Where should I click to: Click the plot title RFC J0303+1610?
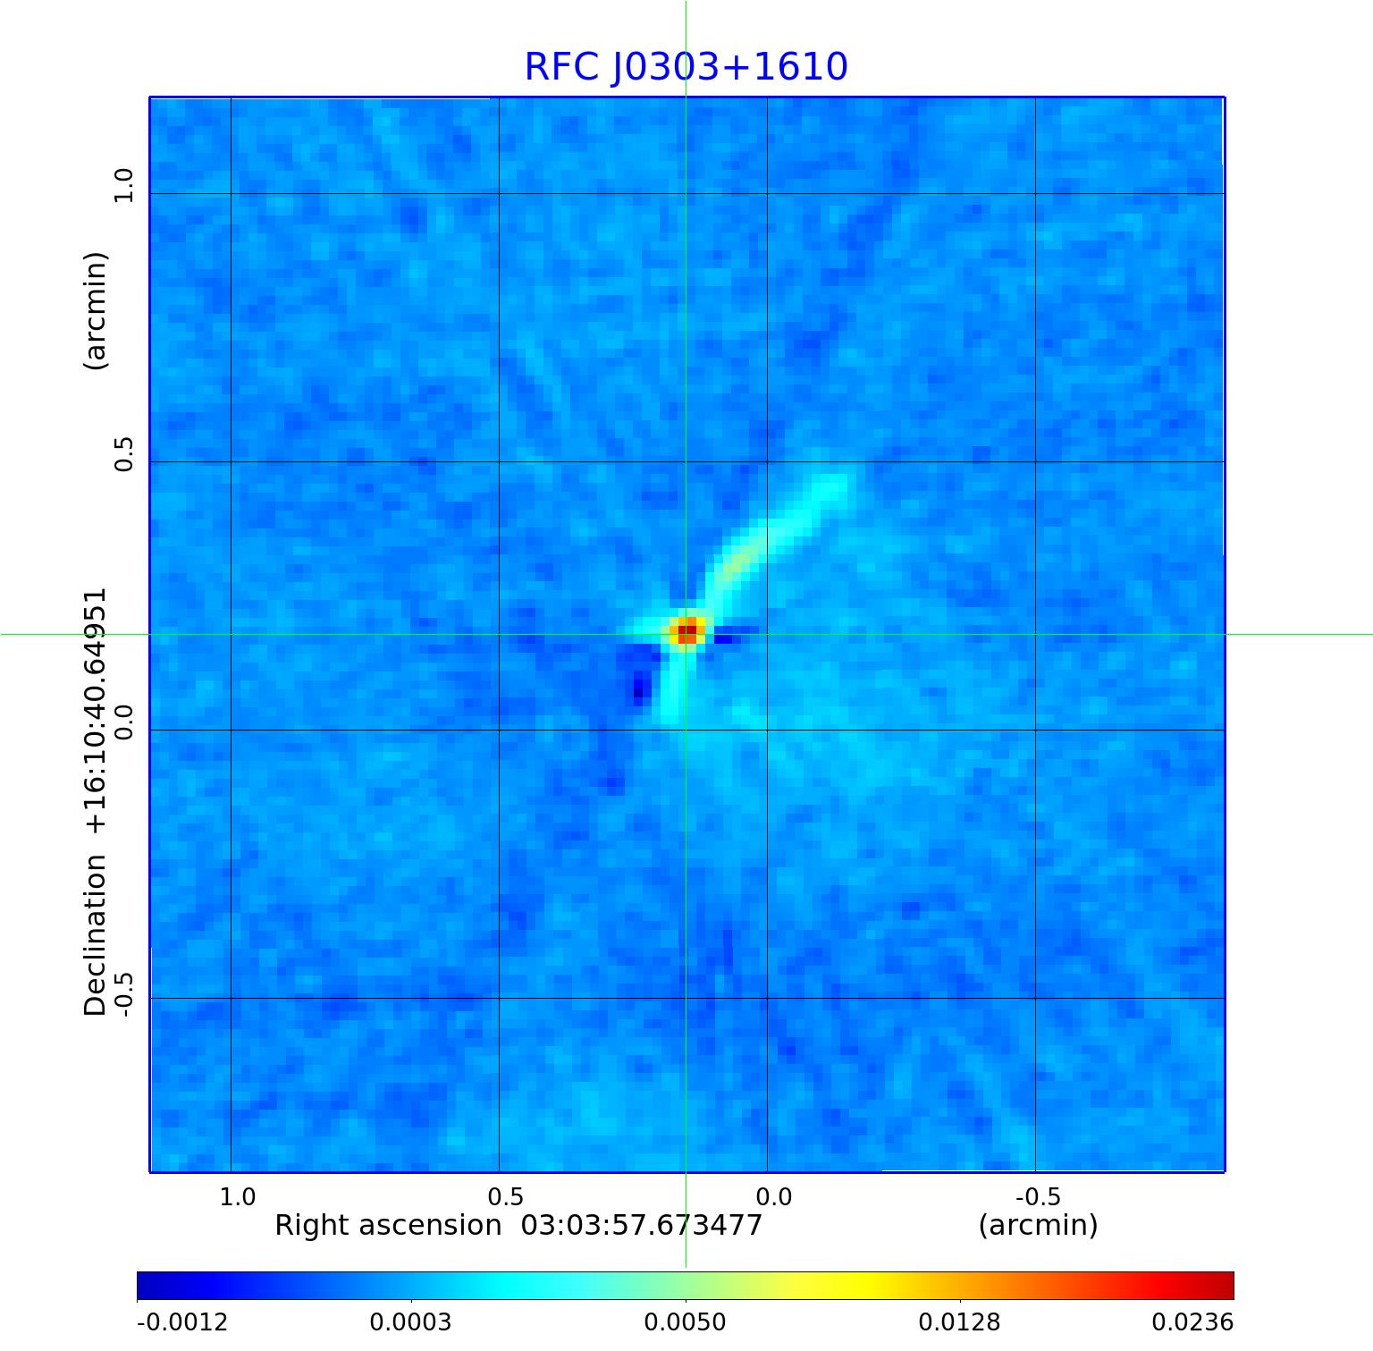pos(686,67)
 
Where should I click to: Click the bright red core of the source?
pos(686,631)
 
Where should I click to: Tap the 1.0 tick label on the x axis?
pos(238,1196)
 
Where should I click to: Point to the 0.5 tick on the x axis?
pos(506,1196)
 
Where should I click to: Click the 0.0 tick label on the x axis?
pos(773,1196)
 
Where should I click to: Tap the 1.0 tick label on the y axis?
pos(122,185)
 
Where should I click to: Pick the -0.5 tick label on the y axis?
pos(122,992)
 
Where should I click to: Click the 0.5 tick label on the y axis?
pos(122,453)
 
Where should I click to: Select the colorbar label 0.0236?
pos(1192,1321)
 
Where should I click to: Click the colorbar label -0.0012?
pos(182,1321)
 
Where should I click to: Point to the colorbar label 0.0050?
pos(686,1321)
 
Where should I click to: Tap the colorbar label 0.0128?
pos(960,1321)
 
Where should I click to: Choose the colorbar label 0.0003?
pos(411,1321)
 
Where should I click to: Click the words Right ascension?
pos(388,1225)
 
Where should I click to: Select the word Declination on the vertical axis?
pos(95,935)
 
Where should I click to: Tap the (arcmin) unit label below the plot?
pos(1038,1225)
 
